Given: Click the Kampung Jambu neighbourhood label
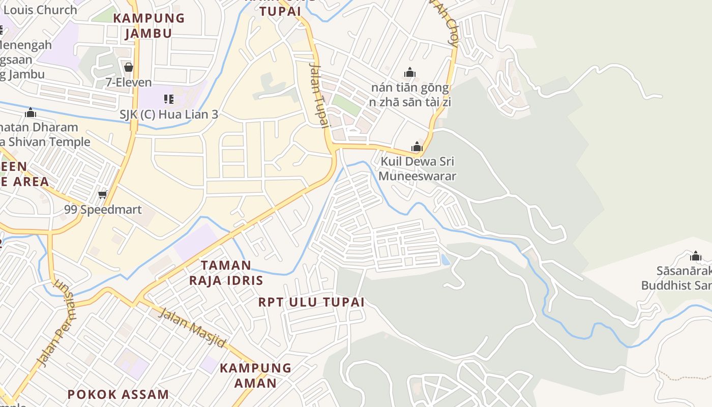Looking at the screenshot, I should pos(149,25).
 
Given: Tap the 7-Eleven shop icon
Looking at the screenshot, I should pos(129,67).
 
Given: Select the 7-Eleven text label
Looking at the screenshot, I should pos(129,82).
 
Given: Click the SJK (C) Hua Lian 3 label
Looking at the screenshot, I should pos(169,114).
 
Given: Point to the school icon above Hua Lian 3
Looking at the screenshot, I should pos(168,99).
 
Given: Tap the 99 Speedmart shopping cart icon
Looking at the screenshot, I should pos(103,194).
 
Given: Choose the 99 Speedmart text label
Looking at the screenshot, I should pos(103,210).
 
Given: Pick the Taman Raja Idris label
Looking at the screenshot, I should pos(226,273).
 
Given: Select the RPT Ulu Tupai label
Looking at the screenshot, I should pos(311,302).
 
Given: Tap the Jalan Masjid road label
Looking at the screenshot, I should pos(192,327).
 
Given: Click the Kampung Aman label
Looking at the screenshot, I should pos(255,375).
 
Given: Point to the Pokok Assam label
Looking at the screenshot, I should pos(118,394).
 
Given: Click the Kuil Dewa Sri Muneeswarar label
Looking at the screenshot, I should pos(417,169).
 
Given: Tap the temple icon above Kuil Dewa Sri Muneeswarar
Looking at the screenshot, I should pos(417,147).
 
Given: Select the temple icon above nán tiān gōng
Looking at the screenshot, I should pos(410,73).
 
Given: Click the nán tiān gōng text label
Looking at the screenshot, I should pos(410,88).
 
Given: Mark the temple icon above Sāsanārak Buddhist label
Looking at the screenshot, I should pos(696,256).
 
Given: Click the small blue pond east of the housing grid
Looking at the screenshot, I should pos(446,260).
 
